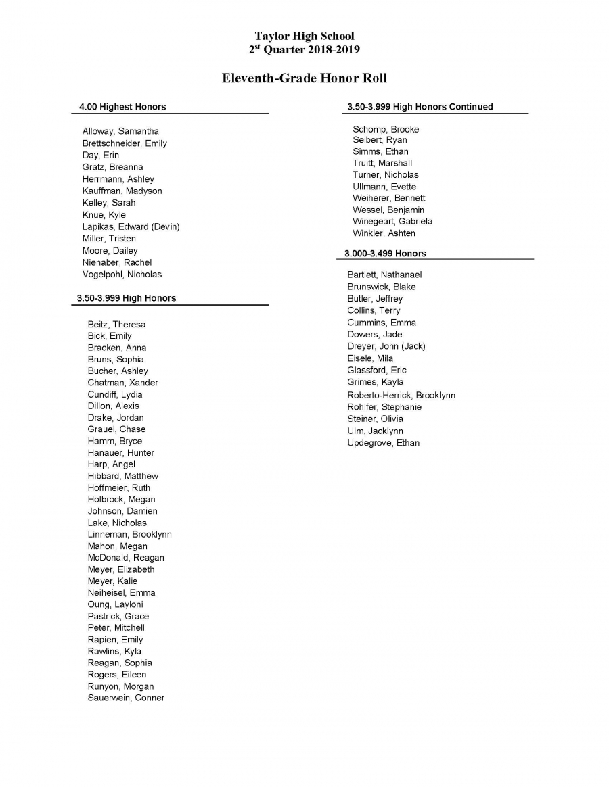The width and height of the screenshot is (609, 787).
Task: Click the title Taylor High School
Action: pyautogui.click(x=304, y=36)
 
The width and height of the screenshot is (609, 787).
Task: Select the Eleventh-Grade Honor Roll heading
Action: pyautogui.click(x=304, y=78)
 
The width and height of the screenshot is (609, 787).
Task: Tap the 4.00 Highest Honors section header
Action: pyautogui.click(x=122, y=107)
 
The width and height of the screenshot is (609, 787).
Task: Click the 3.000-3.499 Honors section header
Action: pyautogui.click(x=385, y=254)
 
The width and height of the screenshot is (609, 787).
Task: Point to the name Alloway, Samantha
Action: pyautogui.click(x=120, y=131)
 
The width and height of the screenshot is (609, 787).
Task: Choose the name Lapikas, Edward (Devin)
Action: pyautogui.click(x=131, y=226)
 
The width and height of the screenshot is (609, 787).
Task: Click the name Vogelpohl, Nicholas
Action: pyautogui.click(x=122, y=275)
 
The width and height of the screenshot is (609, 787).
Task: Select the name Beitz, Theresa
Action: pyautogui.click(x=116, y=325)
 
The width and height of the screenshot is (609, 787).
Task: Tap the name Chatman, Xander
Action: pyautogui.click(x=122, y=383)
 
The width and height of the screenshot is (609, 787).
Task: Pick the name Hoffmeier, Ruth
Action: pyautogui.click(x=119, y=487)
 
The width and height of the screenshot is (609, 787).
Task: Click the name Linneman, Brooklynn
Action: pyautogui.click(x=129, y=534)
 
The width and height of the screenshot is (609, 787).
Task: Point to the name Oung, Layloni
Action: pyautogui.click(x=115, y=604)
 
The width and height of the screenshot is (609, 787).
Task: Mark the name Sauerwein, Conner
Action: pyautogui.click(x=126, y=698)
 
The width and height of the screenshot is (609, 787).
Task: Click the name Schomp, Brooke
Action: pyautogui.click(x=386, y=129)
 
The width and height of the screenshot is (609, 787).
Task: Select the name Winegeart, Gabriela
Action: pyautogui.click(x=392, y=221)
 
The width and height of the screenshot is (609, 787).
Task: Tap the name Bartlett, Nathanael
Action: pyautogui.click(x=384, y=275)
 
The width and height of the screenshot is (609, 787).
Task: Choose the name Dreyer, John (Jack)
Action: pyautogui.click(x=386, y=346)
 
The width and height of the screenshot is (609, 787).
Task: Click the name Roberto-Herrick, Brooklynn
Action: pyautogui.click(x=401, y=395)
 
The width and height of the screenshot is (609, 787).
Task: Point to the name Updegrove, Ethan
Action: pyautogui.click(x=383, y=443)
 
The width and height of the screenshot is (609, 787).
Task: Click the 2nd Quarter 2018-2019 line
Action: pyautogui.click(x=304, y=49)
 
